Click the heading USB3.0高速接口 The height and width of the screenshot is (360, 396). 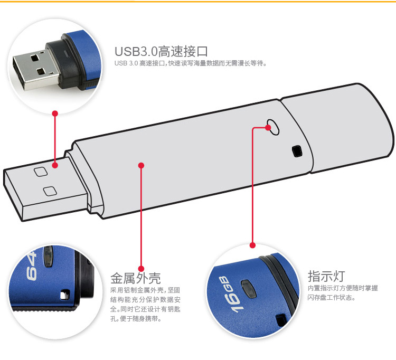(x=161, y=51)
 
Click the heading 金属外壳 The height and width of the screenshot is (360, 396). (x=135, y=278)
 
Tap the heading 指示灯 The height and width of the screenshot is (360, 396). (x=326, y=276)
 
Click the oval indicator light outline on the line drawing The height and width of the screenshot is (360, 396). (x=274, y=127)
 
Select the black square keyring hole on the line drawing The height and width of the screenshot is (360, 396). (x=297, y=151)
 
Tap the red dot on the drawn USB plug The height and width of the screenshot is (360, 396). (x=55, y=165)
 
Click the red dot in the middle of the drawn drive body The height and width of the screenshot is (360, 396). (x=141, y=165)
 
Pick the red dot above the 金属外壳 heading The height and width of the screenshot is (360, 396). (x=141, y=269)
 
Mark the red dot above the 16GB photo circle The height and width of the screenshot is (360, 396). (x=252, y=245)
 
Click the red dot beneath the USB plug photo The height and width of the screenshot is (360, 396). (x=55, y=113)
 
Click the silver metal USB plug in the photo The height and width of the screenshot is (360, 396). (x=36, y=70)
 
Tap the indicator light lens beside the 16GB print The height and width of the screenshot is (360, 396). (x=249, y=289)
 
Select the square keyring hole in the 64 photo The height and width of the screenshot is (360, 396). (x=65, y=295)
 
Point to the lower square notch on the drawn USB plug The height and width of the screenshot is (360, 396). (x=50, y=192)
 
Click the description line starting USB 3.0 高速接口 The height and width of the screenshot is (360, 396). (x=191, y=63)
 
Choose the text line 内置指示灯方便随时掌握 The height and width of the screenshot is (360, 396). (x=343, y=288)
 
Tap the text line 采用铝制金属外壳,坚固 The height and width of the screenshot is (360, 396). (x=145, y=290)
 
